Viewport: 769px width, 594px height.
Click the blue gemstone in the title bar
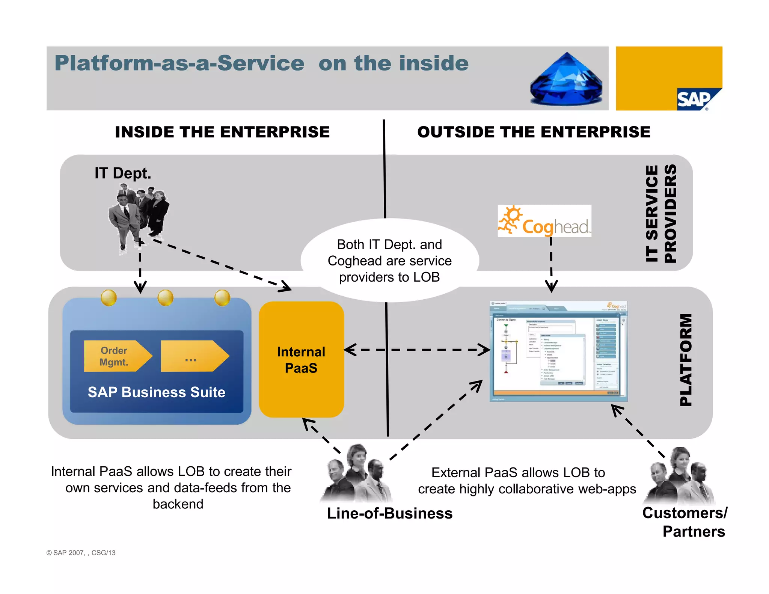point(566,80)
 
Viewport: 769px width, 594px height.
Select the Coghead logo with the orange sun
point(544,221)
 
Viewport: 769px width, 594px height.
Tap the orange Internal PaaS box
point(301,359)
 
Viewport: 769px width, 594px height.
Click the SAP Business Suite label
point(156,392)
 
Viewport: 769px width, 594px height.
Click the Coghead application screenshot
point(558,351)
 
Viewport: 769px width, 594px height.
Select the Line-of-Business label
point(389,513)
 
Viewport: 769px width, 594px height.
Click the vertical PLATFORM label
point(686,360)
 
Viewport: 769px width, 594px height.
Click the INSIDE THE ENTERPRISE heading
point(222,132)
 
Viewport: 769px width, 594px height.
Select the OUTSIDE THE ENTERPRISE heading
point(534,132)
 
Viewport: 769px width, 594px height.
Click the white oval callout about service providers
point(389,261)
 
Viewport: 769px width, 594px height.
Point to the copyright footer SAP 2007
point(81,553)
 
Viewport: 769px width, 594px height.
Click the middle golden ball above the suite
point(165,298)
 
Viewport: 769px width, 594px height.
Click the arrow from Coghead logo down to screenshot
point(551,265)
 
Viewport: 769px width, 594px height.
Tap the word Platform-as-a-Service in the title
point(179,63)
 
